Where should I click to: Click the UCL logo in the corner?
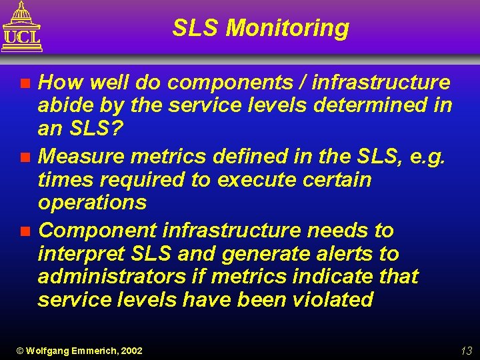tap(22, 27)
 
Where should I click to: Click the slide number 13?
tap(466, 351)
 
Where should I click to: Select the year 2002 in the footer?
tap(131, 351)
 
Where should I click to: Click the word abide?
tap(63, 105)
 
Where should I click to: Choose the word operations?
tap(92, 203)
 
